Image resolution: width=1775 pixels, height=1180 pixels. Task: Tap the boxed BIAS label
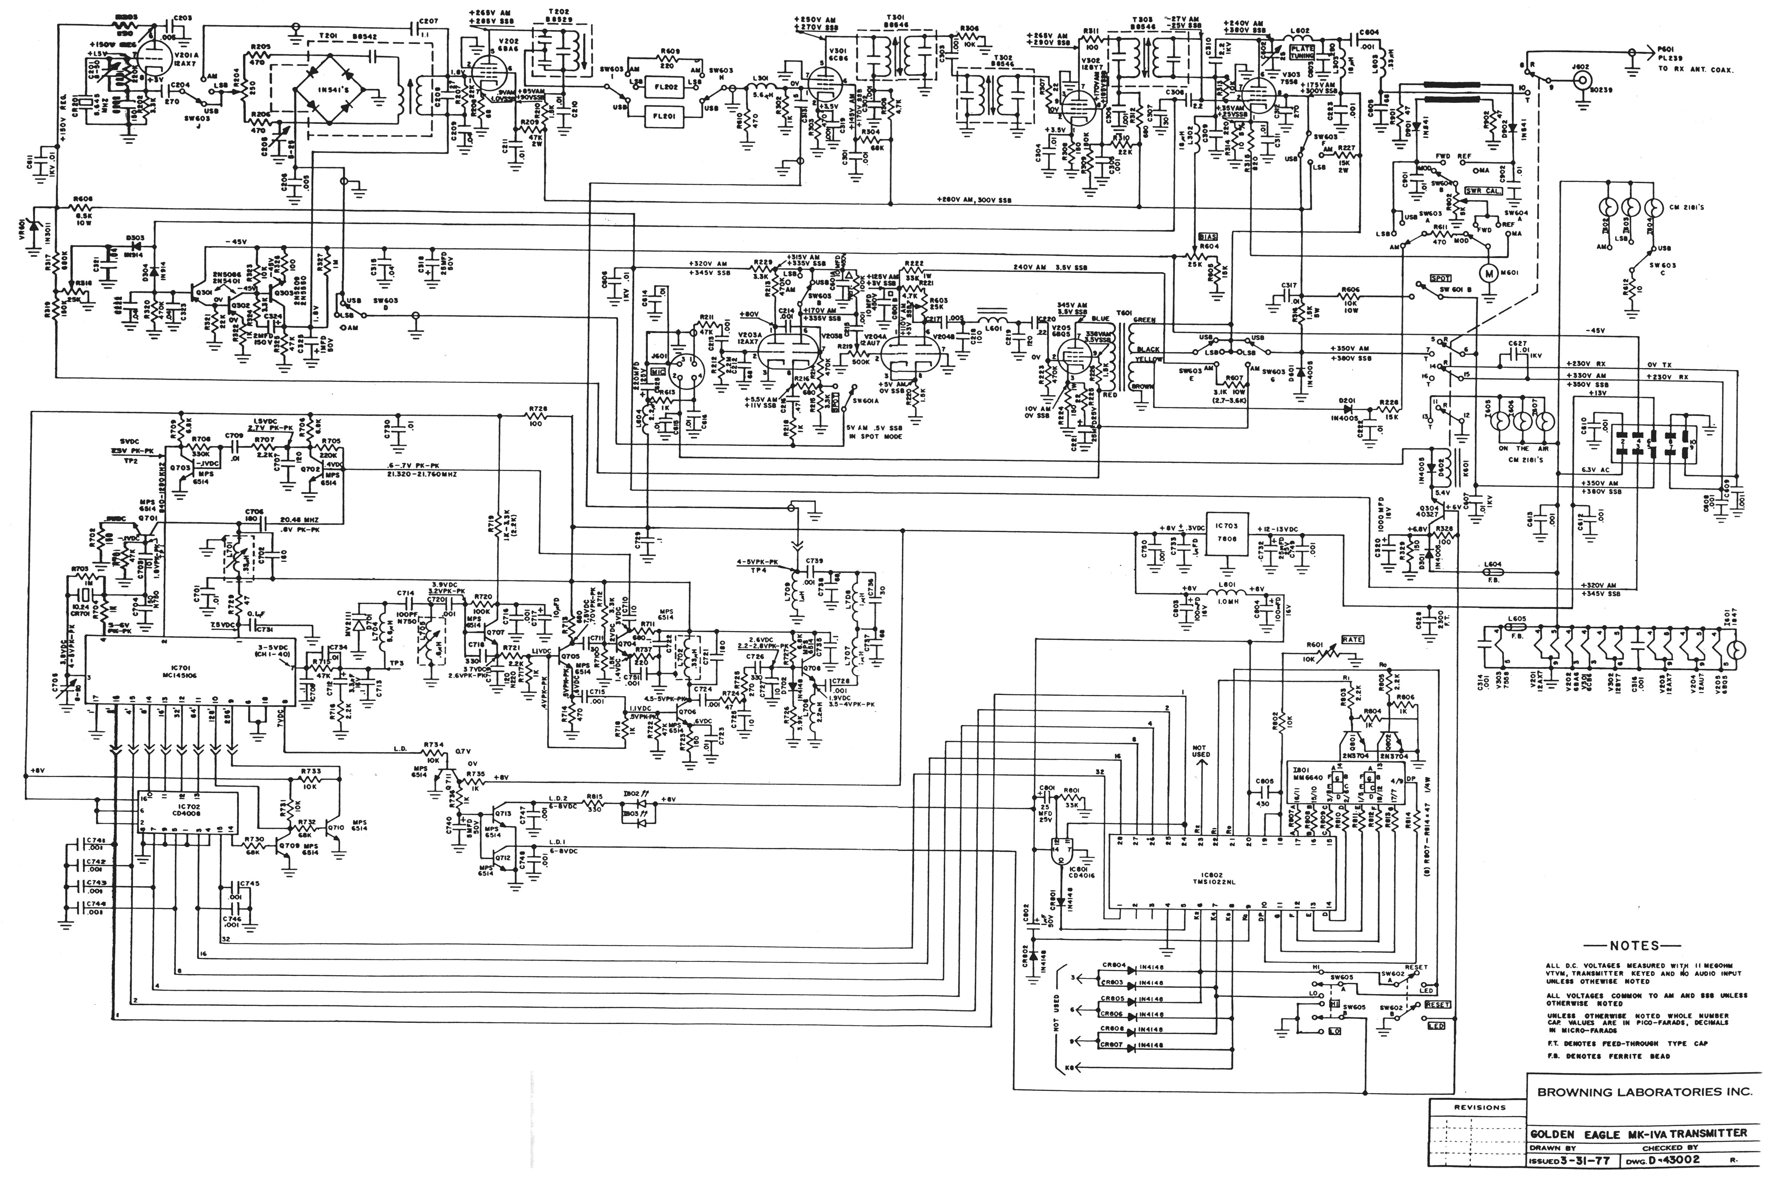click(x=1207, y=236)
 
